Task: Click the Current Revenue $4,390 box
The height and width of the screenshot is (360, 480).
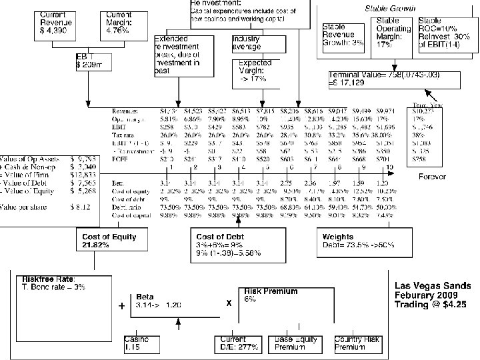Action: coord(58,24)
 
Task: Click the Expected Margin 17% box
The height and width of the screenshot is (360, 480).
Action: coord(255,71)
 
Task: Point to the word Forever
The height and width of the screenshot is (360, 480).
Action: coord(432,177)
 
